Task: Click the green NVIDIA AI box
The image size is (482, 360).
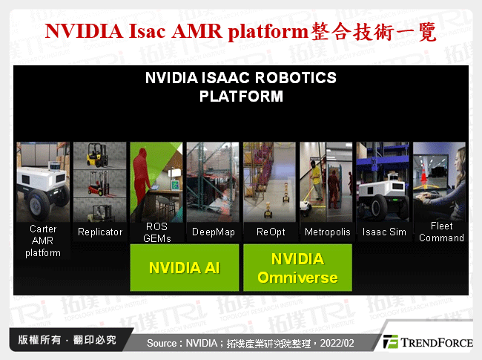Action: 185,268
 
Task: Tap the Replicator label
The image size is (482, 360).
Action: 100,232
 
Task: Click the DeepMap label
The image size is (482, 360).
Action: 213,232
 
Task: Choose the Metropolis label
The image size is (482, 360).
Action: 327,232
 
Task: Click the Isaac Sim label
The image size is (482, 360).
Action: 383,232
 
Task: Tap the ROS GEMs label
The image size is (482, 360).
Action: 156,232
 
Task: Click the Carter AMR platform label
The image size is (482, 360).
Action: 43,241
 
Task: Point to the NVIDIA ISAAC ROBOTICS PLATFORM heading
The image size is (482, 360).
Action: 241,87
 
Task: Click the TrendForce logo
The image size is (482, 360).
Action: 426,341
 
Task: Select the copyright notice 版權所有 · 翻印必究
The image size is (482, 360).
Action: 67,340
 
